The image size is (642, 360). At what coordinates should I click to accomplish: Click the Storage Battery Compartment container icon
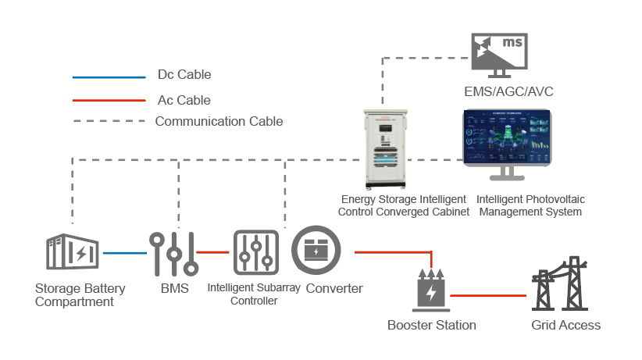[x=72, y=251]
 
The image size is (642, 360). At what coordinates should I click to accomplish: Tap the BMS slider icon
[x=174, y=254]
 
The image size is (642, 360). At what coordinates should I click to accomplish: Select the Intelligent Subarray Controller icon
[x=256, y=252]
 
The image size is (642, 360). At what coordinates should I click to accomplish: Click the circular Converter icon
[x=316, y=250]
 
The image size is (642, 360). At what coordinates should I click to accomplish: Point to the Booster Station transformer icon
[x=431, y=290]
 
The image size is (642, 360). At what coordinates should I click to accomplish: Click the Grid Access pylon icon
[x=560, y=283]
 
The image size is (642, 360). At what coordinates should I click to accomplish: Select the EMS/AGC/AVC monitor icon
[x=500, y=55]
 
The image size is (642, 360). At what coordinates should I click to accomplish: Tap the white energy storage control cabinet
[x=385, y=149]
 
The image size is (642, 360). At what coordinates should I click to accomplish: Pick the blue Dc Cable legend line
[x=109, y=77]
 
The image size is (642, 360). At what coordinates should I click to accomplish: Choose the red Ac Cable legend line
[x=109, y=100]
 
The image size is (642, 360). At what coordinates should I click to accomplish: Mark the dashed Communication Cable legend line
[x=109, y=121]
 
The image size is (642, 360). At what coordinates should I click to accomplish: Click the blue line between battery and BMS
[x=125, y=253]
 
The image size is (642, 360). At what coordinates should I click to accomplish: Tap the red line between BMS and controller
[x=212, y=252]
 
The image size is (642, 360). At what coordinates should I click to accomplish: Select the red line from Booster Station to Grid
[x=488, y=295]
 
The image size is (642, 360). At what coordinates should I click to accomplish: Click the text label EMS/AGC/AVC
[x=508, y=91]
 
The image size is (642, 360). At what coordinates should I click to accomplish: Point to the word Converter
[x=334, y=288]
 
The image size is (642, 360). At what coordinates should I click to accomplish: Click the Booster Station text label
[x=432, y=325]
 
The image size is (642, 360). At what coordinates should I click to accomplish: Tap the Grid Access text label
[x=565, y=325]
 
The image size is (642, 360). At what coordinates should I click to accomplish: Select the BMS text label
[x=175, y=288]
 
